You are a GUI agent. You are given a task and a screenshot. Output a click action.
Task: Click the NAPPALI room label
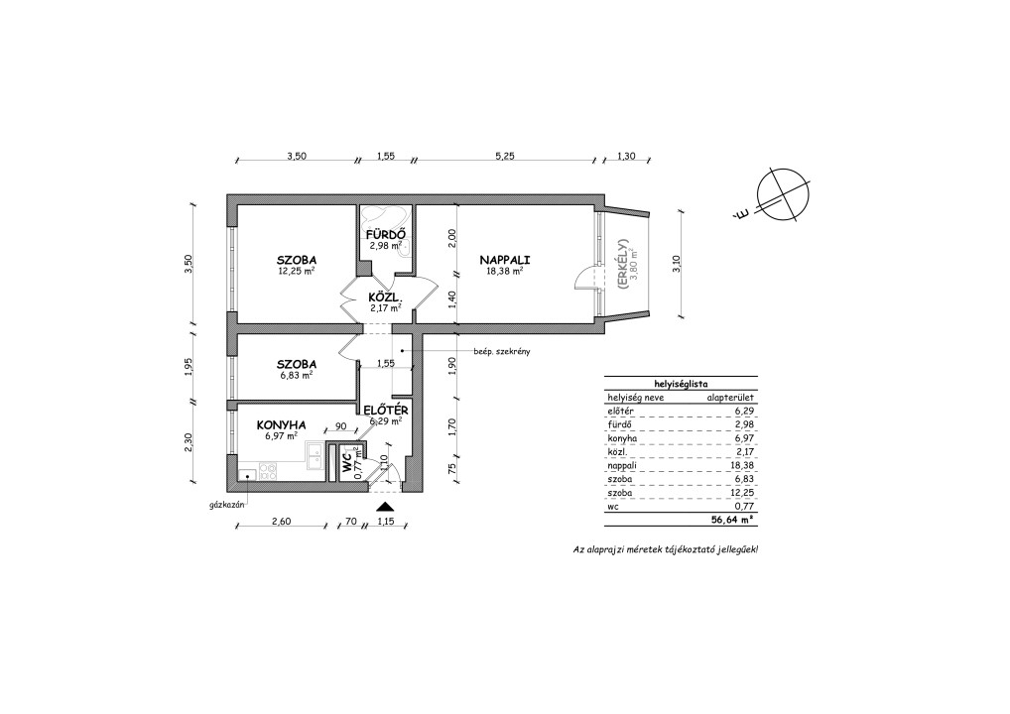504,260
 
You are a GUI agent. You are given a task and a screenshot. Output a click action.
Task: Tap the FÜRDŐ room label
385,234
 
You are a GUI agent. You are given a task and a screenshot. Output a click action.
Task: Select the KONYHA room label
281,424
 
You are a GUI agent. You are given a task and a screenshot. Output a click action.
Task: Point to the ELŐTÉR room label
385,411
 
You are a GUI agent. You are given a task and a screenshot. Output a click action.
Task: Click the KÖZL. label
385,298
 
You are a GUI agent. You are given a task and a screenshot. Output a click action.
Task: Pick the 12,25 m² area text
297,271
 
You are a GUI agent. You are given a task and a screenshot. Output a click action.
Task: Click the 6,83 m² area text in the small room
297,375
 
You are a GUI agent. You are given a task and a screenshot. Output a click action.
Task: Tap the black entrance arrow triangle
385,507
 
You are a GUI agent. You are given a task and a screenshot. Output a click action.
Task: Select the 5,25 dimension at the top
504,155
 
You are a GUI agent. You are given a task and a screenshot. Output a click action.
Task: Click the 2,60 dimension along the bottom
282,522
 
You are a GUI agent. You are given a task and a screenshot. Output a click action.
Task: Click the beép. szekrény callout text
502,351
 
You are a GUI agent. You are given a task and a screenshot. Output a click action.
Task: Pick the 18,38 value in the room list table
743,465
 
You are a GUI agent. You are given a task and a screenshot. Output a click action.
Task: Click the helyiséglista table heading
681,383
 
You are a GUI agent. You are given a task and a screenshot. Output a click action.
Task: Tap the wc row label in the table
612,507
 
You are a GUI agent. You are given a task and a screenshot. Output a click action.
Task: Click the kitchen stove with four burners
268,471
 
